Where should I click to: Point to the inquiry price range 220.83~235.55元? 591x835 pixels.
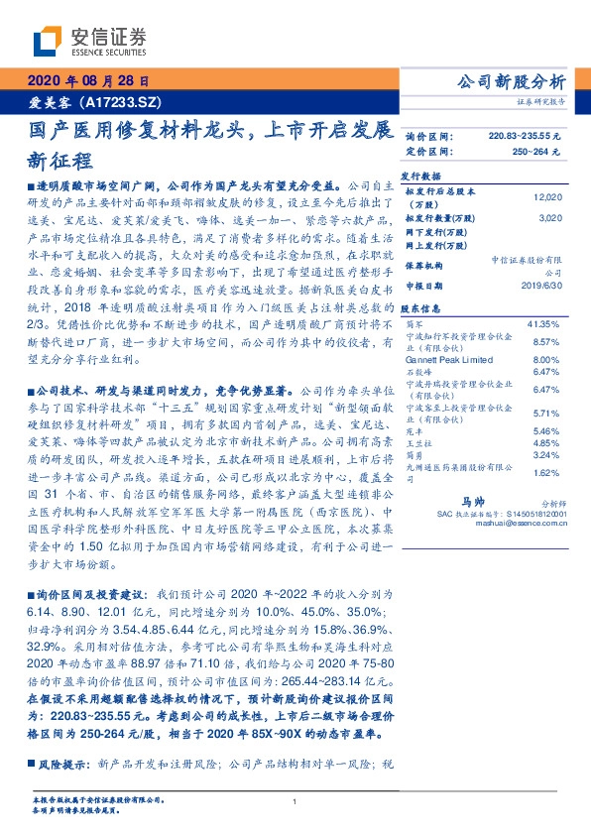coord(525,135)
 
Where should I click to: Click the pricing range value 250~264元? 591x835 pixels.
coord(535,151)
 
